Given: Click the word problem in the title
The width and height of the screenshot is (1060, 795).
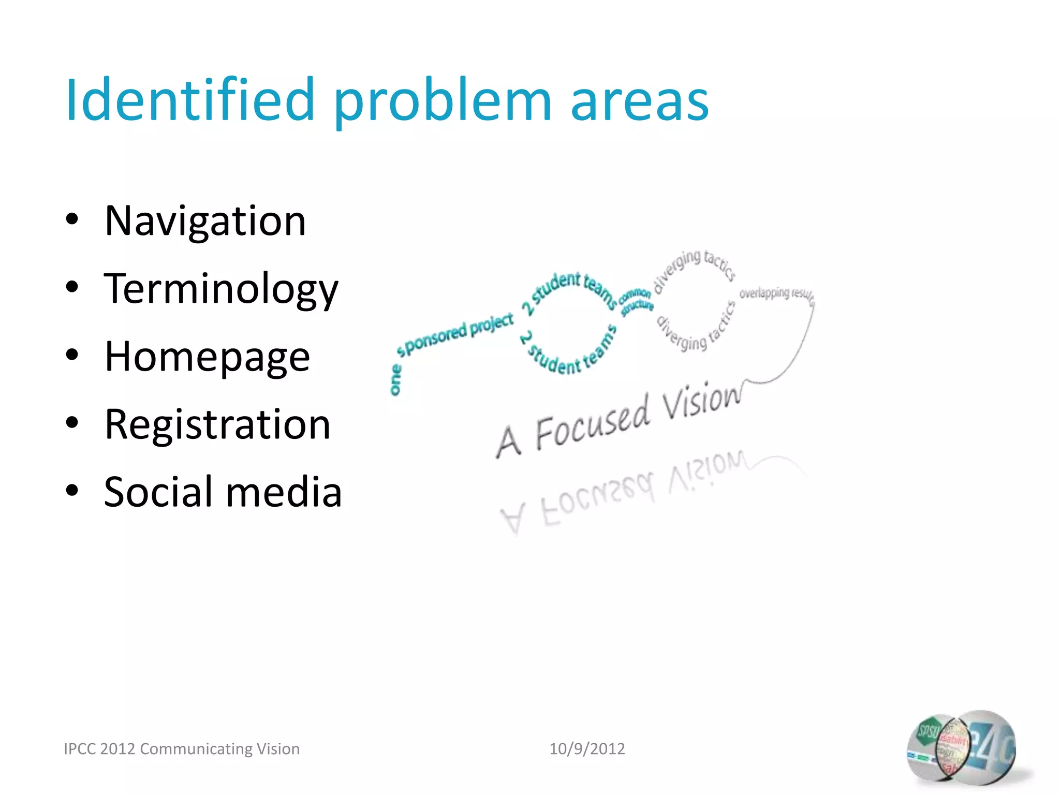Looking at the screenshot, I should (x=443, y=101).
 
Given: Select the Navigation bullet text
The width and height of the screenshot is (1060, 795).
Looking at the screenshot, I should (x=205, y=221).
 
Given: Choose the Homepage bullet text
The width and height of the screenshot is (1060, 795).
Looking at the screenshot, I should (x=207, y=357).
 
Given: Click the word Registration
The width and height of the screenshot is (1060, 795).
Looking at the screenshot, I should (x=217, y=424).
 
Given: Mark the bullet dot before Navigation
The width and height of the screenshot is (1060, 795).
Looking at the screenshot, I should (x=72, y=219).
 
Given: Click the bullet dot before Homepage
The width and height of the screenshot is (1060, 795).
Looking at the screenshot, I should (x=72, y=355).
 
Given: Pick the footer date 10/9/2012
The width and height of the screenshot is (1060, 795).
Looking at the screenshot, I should (x=587, y=748).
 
